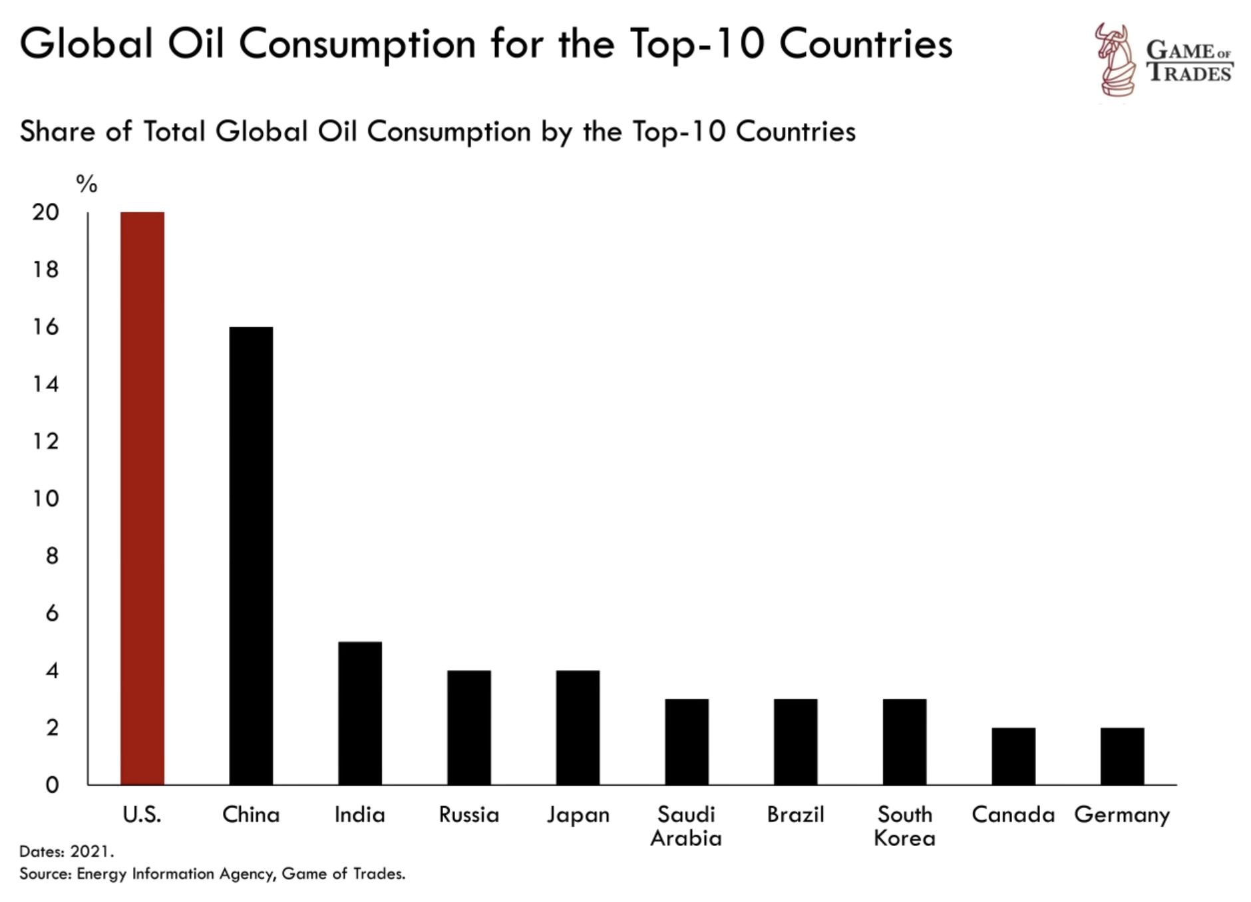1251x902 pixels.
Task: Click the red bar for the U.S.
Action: point(142,498)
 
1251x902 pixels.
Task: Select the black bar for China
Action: point(251,555)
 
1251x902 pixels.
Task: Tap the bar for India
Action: point(359,713)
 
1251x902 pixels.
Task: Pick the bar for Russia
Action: point(468,727)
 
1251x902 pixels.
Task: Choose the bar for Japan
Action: point(578,727)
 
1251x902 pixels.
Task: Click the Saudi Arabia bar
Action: point(686,742)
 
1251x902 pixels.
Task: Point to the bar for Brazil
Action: point(795,742)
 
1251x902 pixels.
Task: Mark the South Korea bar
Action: point(904,742)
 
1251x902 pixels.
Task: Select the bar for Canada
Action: point(1013,756)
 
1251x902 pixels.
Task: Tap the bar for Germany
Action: point(1122,756)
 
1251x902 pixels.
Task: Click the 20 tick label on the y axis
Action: point(45,212)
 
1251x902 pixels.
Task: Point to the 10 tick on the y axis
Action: point(45,498)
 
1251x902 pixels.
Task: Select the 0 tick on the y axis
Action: point(52,785)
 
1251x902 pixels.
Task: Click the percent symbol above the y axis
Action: point(87,184)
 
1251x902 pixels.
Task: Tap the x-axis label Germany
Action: point(1122,815)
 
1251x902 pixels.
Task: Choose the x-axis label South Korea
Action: point(904,826)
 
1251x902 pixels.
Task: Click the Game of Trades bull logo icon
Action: point(1115,60)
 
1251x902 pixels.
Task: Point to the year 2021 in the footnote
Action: point(92,851)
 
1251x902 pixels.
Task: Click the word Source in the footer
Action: point(45,873)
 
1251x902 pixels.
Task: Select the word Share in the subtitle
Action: point(57,132)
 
